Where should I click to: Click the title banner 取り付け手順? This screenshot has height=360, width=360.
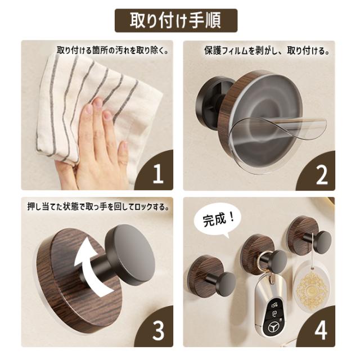tap(176, 20)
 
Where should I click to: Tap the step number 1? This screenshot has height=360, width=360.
tap(158, 174)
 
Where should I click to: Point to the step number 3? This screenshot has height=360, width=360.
tap(159, 331)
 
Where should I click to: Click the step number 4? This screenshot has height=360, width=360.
tap(321, 331)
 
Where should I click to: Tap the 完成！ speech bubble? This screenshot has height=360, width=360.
tap(217, 221)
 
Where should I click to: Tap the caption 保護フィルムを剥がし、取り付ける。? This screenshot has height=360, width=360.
tap(267, 51)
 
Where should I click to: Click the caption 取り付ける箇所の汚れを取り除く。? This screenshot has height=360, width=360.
tap(112, 50)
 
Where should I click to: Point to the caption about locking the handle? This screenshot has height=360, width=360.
tap(98, 206)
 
